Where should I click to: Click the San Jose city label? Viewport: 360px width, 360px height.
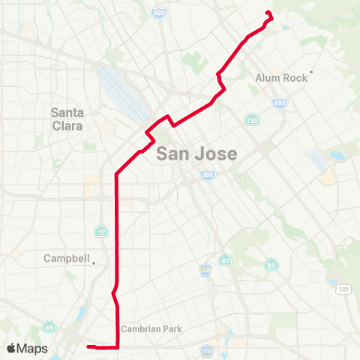(x=197, y=154)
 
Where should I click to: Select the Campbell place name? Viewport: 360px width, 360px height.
(x=66, y=259)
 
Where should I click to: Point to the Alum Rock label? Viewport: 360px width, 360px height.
(x=278, y=77)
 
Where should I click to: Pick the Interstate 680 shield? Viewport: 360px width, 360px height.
(x=279, y=102)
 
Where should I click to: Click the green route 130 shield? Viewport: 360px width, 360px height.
(x=251, y=119)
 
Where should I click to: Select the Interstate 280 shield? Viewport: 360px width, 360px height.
(x=206, y=175)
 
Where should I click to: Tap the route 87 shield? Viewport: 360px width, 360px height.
(x=223, y=260)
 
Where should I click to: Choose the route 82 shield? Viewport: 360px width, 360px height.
(x=271, y=265)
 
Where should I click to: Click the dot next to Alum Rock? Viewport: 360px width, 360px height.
(x=310, y=72)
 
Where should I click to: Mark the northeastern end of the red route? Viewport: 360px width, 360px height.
(x=268, y=13)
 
